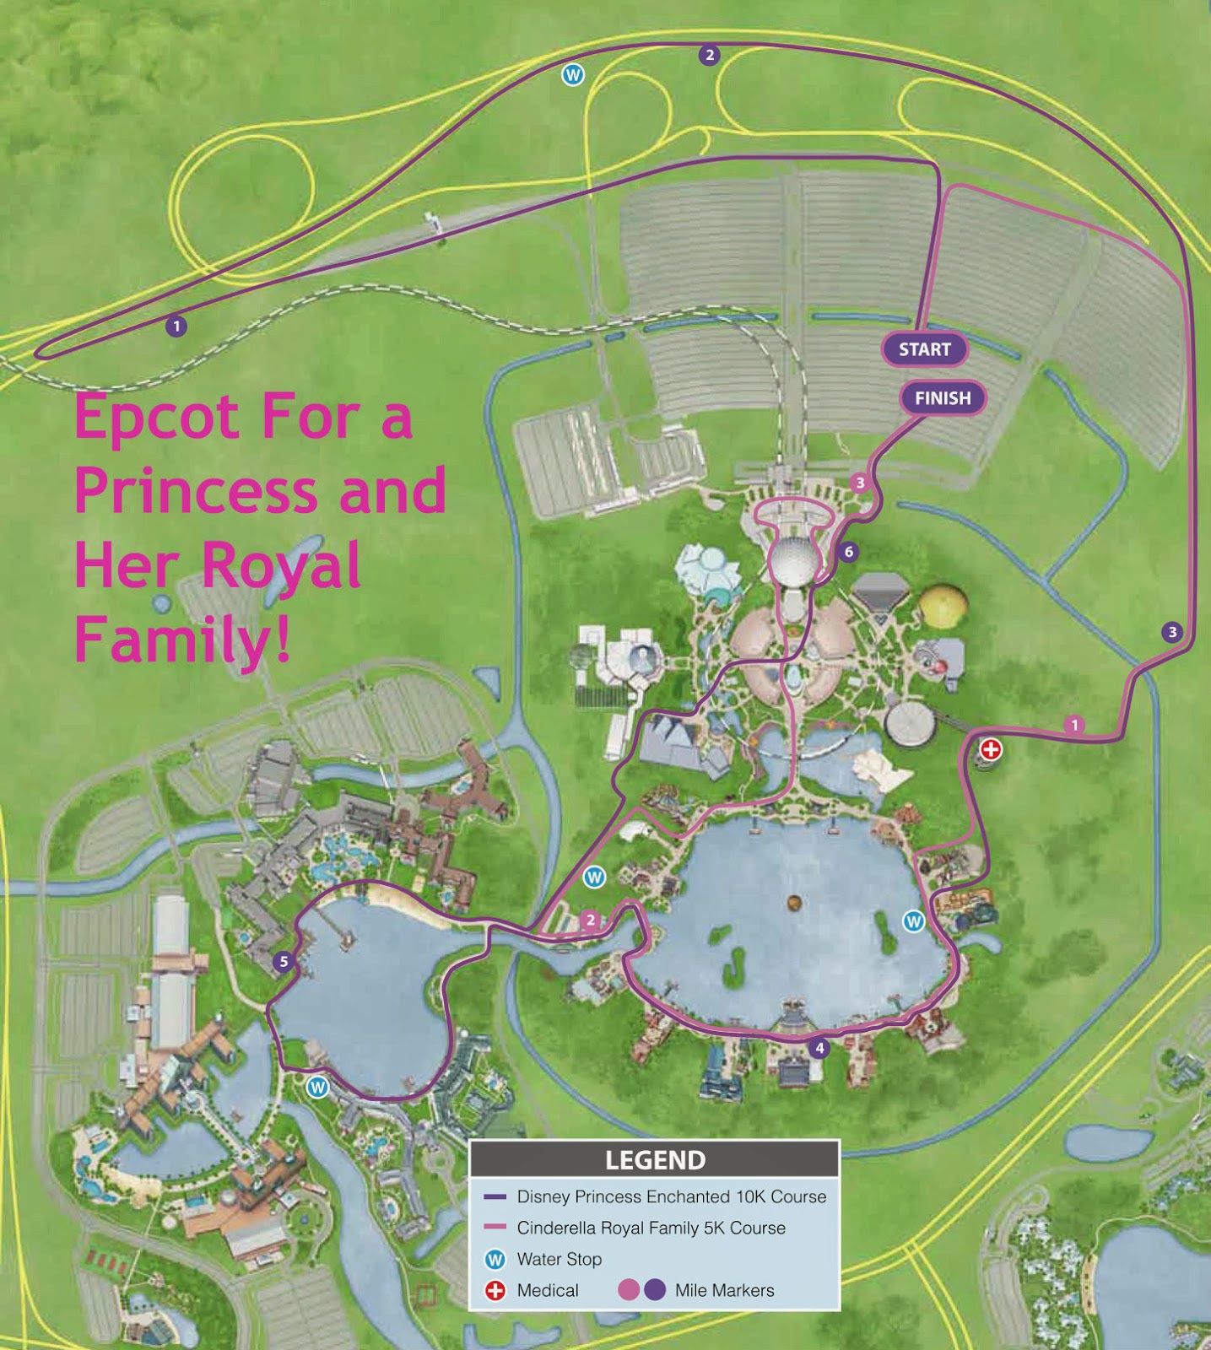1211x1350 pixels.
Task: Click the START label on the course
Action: click(x=924, y=349)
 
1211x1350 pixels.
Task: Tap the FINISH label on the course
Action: click(x=943, y=398)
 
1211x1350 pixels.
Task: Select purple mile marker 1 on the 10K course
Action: click(x=176, y=326)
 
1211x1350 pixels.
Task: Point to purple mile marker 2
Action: click(x=710, y=56)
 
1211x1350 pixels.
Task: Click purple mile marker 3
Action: click(x=1171, y=632)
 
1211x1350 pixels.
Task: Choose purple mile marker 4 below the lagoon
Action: click(x=818, y=1049)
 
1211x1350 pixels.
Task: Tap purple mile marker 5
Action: click(x=284, y=962)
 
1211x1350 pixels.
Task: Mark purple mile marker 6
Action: click(x=849, y=553)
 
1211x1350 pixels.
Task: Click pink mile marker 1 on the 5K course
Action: click(x=1074, y=725)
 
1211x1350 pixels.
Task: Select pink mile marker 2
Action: click(x=591, y=921)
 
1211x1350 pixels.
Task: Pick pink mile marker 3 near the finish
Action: click(x=860, y=483)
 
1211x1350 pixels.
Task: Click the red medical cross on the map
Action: click(x=991, y=748)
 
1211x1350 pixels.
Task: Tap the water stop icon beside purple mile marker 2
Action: click(x=573, y=75)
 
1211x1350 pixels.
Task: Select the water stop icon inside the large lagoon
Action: click(x=913, y=921)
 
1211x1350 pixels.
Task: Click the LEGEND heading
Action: click(x=655, y=1160)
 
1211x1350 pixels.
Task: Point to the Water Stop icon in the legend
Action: click(x=495, y=1260)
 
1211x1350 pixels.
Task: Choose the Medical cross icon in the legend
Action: click(x=495, y=1291)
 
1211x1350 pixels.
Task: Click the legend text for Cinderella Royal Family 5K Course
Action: click(x=651, y=1228)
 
